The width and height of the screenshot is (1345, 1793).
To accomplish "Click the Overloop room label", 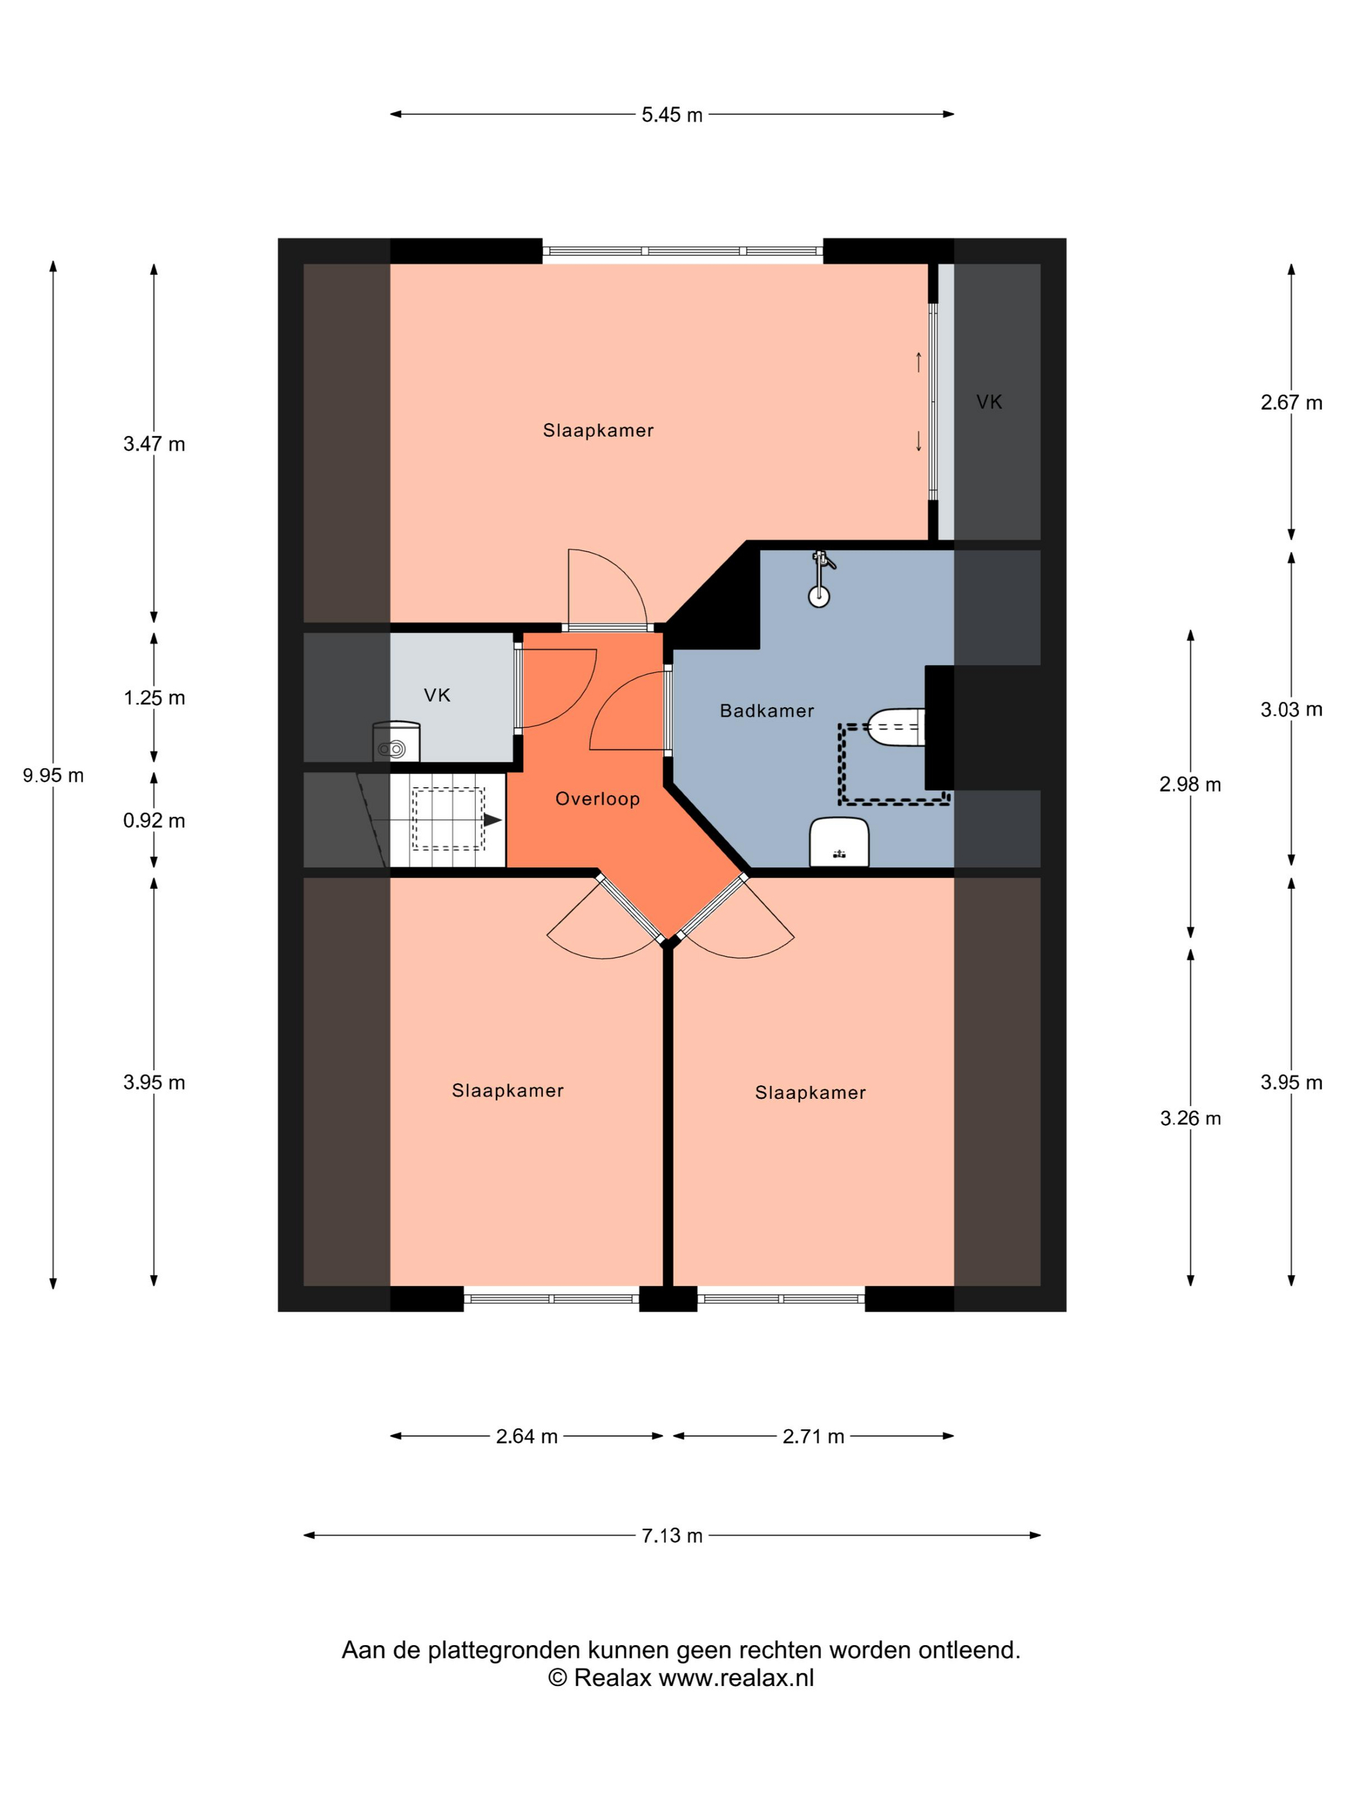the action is (598, 799).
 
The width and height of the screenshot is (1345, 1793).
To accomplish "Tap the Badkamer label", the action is (767, 711).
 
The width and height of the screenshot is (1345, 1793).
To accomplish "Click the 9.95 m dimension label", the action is (54, 775).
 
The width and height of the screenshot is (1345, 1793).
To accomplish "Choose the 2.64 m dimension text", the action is (527, 1436).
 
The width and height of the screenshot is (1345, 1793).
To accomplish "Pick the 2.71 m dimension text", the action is (813, 1436).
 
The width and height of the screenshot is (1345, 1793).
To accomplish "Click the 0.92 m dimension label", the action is (154, 820).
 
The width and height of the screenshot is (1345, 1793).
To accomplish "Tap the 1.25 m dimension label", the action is (154, 698).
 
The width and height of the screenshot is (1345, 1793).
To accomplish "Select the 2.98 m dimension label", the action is (1190, 784).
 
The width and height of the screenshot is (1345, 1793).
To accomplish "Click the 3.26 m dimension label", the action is (1190, 1118).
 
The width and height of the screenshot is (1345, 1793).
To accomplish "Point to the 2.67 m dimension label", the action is (1291, 402).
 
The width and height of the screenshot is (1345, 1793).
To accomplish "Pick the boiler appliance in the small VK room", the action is (396, 742).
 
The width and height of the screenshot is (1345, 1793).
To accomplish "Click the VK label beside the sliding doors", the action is (989, 402).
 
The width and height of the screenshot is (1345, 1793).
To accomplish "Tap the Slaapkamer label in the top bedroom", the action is (598, 430).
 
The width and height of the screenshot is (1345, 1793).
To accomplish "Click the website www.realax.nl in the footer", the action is (736, 1678).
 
